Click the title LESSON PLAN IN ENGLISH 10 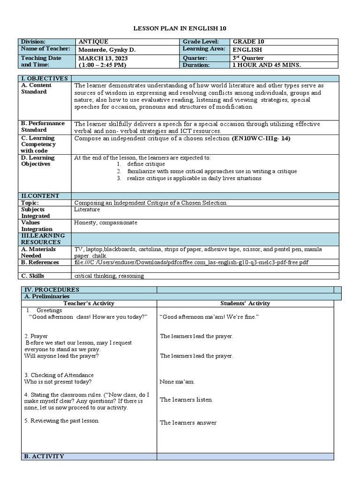[x=180, y=28]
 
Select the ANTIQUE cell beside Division [x=94, y=42]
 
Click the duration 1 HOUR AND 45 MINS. [x=266, y=65]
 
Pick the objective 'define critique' [x=146, y=165]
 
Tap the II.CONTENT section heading [x=39, y=196]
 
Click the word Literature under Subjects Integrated [x=87, y=210]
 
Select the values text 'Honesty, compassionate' [x=105, y=223]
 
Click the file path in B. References [x=191, y=262]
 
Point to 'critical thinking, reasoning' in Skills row [x=109, y=276]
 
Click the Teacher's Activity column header [x=89, y=303]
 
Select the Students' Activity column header [x=245, y=303]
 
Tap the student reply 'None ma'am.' [x=177, y=382]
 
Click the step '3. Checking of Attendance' [x=59, y=375]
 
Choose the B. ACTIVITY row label [x=44, y=456]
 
